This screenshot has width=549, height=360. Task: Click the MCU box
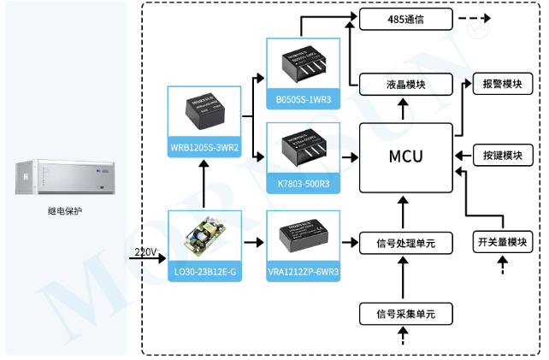405,157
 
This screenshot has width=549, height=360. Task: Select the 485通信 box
404,17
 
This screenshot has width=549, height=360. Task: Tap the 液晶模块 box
404,84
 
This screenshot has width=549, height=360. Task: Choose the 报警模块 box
502,84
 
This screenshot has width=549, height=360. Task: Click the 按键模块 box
502,156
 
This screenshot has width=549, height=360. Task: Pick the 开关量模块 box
502,243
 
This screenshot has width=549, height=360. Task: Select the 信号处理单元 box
404,244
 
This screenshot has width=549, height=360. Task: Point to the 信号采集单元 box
404,313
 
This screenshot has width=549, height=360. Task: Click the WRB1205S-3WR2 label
204,149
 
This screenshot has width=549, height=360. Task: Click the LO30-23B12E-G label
204,272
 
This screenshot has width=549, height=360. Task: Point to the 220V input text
146,251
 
